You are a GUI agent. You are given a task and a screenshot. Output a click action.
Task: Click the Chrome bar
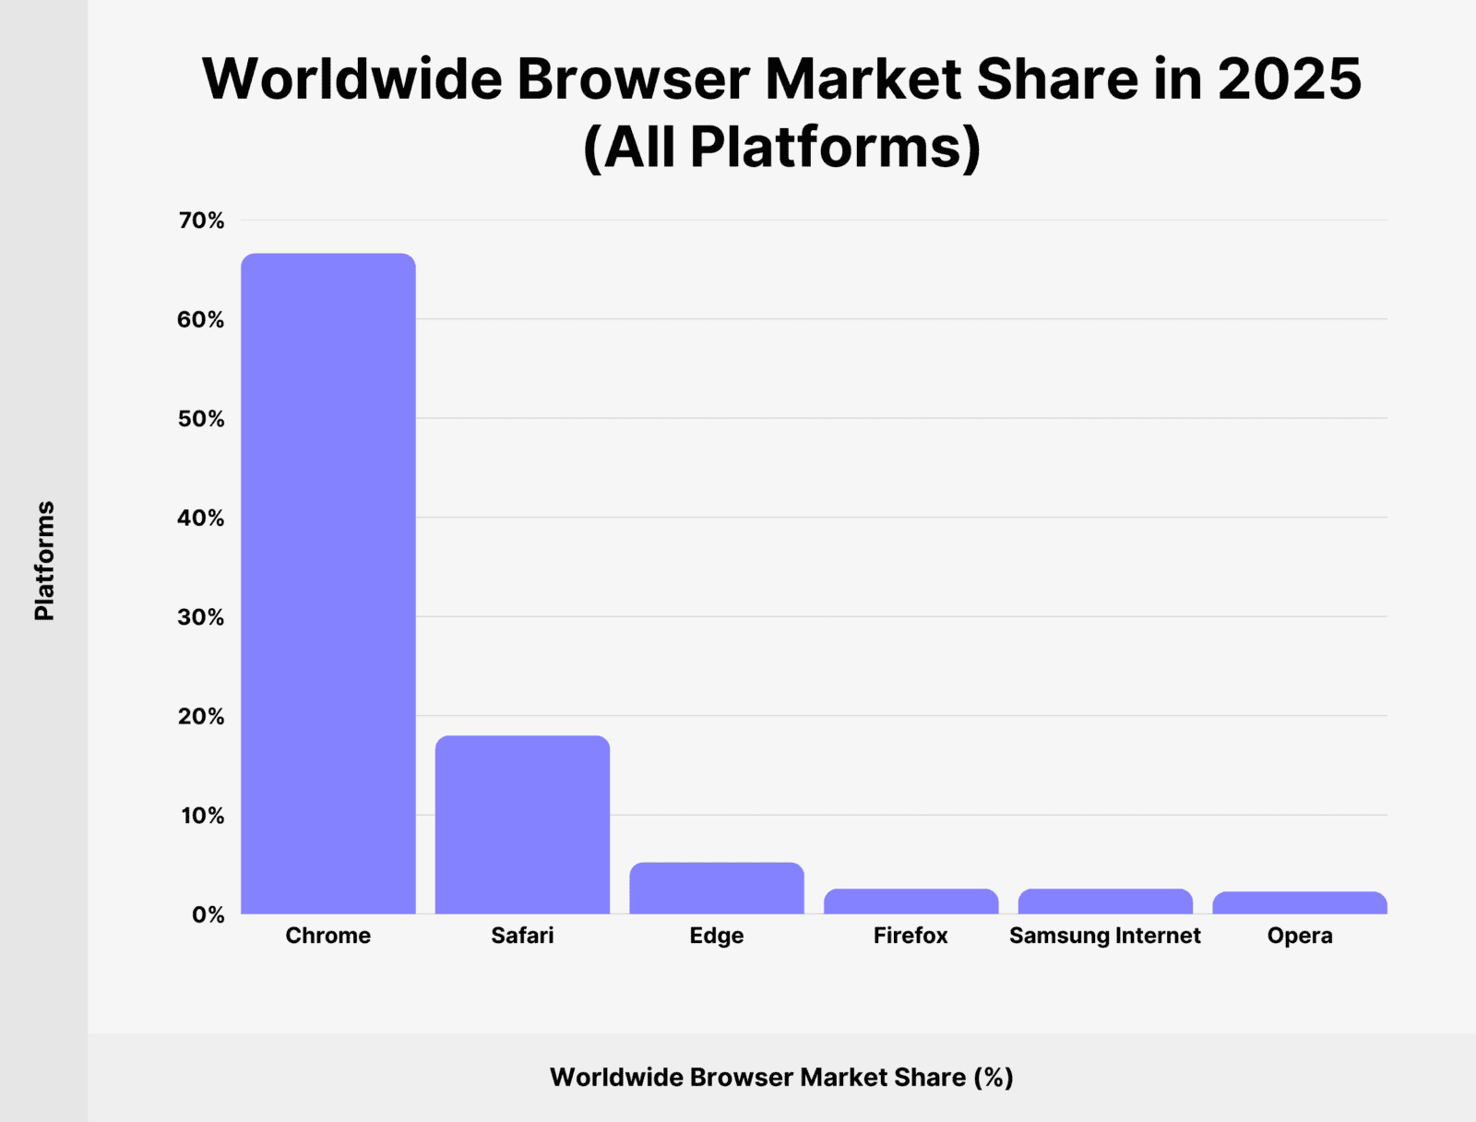click(x=328, y=583)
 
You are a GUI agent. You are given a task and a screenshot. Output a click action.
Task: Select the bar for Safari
click(x=522, y=825)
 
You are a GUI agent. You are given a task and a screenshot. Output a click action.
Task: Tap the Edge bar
click(x=717, y=889)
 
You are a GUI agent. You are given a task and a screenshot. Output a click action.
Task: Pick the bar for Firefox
click(x=911, y=901)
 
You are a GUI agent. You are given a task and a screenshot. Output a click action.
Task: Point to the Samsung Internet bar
click(x=1105, y=901)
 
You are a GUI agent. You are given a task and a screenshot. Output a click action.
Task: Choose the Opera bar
click(x=1299, y=903)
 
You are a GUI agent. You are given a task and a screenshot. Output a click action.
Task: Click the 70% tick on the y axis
click(x=201, y=221)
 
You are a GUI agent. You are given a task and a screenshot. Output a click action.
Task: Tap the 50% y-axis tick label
click(x=201, y=419)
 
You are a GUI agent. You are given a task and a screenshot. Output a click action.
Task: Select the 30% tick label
click(x=201, y=617)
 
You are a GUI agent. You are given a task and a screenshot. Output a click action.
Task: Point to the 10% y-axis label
click(x=202, y=816)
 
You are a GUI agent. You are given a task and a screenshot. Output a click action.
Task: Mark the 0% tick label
click(x=208, y=914)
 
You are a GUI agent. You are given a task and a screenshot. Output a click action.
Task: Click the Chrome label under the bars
click(x=328, y=936)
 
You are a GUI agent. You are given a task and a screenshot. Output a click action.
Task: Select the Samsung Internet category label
click(x=1105, y=936)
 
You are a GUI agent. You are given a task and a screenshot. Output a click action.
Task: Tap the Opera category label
click(x=1299, y=936)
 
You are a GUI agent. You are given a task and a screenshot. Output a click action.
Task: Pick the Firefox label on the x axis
click(x=911, y=936)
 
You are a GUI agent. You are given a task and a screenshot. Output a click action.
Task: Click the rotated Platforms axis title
click(x=44, y=561)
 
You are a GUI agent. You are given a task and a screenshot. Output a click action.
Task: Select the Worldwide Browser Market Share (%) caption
click(x=781, y=1077)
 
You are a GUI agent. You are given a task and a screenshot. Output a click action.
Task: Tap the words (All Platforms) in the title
click(x=781, y=148)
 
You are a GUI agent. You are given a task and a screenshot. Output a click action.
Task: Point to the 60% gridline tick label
click(x=201, y=319)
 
